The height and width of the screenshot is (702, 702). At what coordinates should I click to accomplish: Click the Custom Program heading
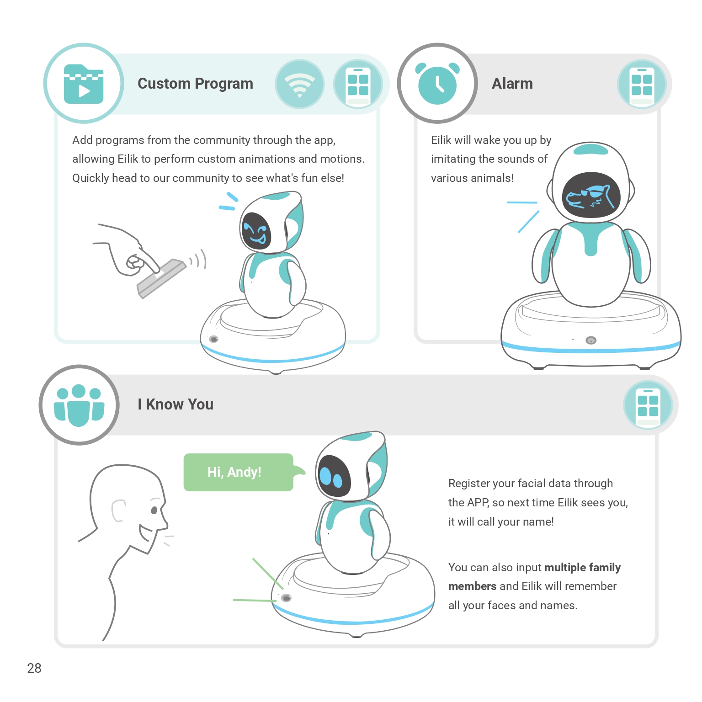click(195, 84)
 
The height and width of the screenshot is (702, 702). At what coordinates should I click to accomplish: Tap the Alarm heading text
click(512, 84)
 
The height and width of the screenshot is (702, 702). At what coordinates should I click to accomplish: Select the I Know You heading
click(175, 404)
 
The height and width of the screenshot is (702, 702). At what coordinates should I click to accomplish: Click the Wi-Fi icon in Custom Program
click(300, 84)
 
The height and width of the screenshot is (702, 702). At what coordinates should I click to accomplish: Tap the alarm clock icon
click(437, 84)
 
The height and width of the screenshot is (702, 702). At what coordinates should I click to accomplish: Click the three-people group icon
click(79, 405)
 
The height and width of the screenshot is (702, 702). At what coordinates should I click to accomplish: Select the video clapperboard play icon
click(84, 84)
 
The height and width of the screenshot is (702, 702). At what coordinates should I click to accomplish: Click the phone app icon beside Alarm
click(642, 84)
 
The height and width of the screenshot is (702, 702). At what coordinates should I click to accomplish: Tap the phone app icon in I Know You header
click(648, 405)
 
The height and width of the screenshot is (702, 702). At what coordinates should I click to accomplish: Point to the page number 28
click(34, 668)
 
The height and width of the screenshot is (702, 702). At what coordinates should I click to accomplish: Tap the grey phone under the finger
click(162, 278)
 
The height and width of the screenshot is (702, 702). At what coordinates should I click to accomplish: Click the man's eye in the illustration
click(154, 510)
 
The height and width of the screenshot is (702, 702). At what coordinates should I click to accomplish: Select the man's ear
click(118, 511)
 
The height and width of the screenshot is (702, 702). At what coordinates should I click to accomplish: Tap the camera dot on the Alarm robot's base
click(591, 340)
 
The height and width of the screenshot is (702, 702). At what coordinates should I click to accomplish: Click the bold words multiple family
click(582, 568)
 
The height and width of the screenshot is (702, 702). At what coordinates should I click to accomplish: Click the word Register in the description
click(468, 484)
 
